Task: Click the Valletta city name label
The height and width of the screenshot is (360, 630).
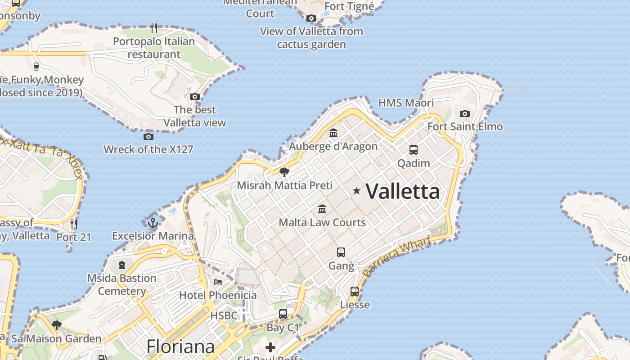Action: tap(403, 191)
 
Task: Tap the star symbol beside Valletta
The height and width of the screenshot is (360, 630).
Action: tap(357, 191)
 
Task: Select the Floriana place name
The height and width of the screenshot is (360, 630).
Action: tap(180, 346)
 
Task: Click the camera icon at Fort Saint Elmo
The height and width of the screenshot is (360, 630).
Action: tap(465, 113)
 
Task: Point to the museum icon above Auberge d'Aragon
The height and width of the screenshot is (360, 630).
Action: tap(333, 133)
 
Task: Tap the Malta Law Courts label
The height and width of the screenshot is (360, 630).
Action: tap(322, 222)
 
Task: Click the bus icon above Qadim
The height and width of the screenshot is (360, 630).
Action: tap(413, 150)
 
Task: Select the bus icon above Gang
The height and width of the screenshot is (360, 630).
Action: tap(341, 252)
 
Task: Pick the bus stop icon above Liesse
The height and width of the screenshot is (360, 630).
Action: tap(355, 292)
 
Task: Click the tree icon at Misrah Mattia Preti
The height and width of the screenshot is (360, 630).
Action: tap(284, 172)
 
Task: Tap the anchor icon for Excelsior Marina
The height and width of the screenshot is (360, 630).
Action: tap(153, 222)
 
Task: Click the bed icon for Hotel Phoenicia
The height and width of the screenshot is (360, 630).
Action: tap(218, 282)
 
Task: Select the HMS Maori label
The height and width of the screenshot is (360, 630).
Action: tap(406, 103)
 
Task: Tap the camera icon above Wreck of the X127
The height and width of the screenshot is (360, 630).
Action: tap(148, 136)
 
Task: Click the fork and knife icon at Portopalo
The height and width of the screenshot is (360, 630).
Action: tap(154, 28)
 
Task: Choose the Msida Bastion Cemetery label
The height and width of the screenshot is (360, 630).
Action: tap(121, 284)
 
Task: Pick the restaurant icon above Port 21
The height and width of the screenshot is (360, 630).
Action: tap(74, 223)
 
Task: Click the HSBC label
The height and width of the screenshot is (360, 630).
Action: tap(224, 315)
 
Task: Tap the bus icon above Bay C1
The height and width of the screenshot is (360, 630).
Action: tap(283, 314)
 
